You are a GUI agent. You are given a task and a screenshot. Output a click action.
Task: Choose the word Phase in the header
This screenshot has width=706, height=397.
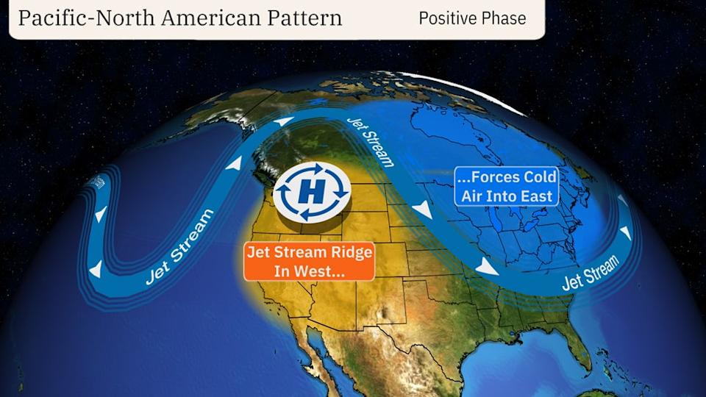[x=505, y=18]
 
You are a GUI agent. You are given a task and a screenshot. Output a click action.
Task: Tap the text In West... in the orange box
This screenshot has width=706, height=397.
[x=310, y=271]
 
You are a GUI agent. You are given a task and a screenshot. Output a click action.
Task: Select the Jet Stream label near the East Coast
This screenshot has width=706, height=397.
[x=591, y=273]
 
